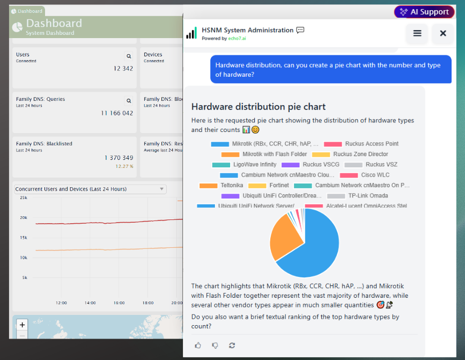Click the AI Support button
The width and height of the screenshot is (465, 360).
click(424, 12)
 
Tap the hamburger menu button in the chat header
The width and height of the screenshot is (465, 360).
click(417, 33)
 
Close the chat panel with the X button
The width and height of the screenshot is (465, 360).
click(443, 33)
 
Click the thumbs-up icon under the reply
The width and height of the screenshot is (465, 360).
click(198, 346)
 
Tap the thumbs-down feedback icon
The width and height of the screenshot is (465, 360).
click(215, 346)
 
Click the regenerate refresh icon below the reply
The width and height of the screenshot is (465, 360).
click(232, 346)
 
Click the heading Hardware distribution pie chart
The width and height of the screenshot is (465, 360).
click(258, 107)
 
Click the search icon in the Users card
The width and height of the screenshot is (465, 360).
click(129, 56)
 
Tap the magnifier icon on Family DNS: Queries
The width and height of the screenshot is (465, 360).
click(129, 100)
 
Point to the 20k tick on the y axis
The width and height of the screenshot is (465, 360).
click(24, 217)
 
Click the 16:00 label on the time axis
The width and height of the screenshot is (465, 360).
click(119, 303)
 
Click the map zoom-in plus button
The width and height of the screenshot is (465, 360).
click(22, 325)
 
